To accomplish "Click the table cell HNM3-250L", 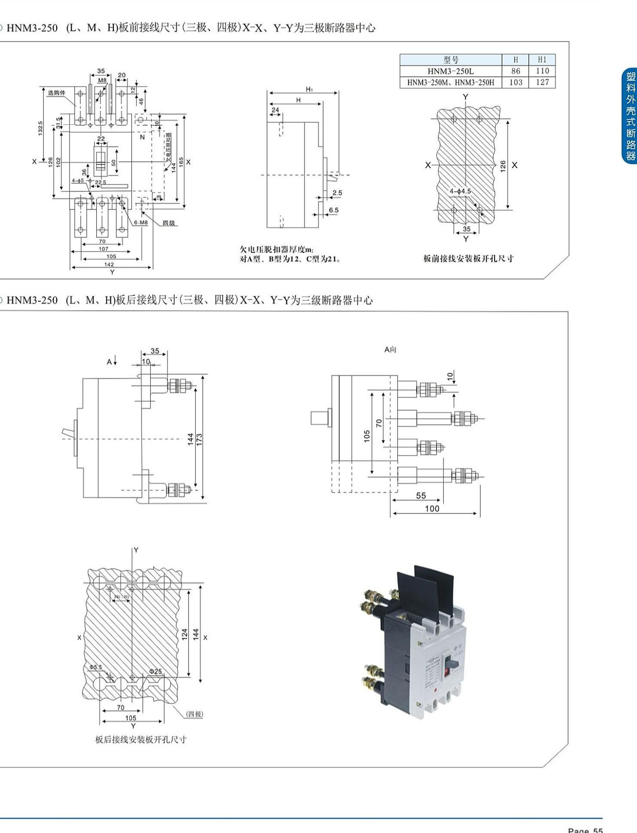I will pos(450,71).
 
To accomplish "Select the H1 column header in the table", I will pos(542,60).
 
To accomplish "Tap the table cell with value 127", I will pos(542,82).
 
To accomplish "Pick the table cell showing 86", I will pos(515,71).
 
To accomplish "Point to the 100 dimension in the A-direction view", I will pos(432,508).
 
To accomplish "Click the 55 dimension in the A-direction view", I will pos(421,496).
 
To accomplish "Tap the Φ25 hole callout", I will pos(155,671).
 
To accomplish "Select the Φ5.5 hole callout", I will pos(96,667).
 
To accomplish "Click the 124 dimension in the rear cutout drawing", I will pos(184,634).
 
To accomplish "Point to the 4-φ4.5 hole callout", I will pos(460,191).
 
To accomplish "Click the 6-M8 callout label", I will pos(141,222).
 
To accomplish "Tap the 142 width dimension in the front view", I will pos(109,264).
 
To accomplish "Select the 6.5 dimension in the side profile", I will pos(333,210).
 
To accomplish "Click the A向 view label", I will pos(390,349).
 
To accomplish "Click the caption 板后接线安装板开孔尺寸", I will pos(141,740).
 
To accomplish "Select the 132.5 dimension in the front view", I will pos(40,128).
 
